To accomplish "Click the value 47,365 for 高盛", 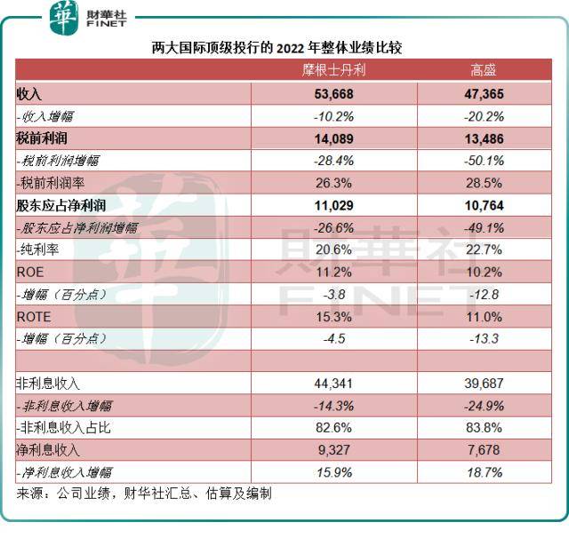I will point(485,93).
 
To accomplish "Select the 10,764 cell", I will point(485,205).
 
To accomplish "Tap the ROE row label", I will point(29,272).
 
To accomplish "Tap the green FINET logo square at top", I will point(64,19).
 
